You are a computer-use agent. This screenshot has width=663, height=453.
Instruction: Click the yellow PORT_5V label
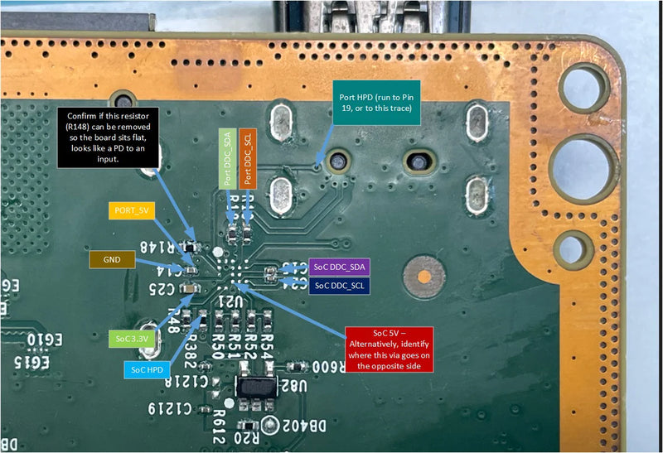coord(131,211)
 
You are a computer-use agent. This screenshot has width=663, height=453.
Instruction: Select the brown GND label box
coord(112,259)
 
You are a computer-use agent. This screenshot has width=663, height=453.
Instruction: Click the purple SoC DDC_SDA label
coord(340,267)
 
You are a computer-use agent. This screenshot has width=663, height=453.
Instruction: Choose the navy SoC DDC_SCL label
coord(339,285)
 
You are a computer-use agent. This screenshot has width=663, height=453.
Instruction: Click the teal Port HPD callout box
coord(375,104)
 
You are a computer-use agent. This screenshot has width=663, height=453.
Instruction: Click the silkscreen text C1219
coord(172,408)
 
